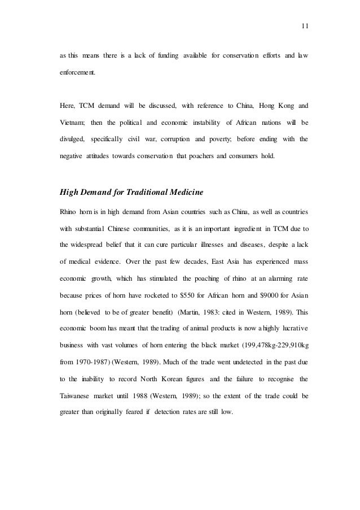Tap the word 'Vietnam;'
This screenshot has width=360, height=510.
tap(73, 122)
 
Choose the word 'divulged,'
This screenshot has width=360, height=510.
tap(73, 138)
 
